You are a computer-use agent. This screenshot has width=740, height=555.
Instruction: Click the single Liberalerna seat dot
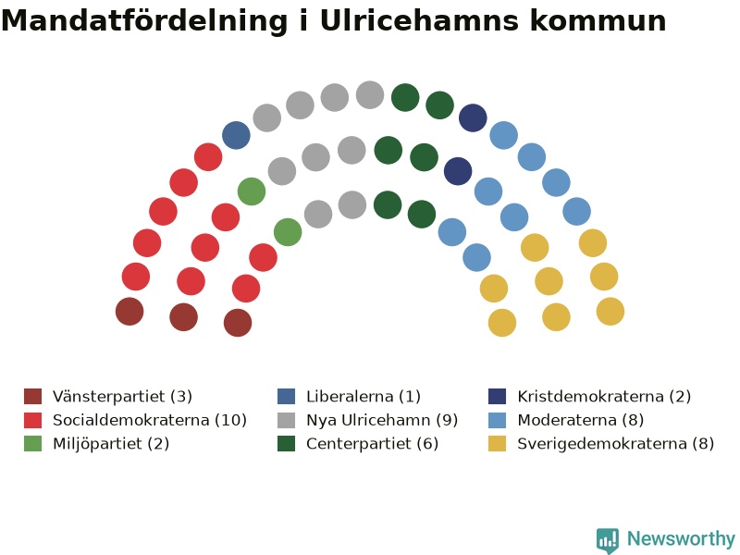[x=236, y=135]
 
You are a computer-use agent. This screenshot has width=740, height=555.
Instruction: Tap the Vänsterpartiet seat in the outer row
[x=129, y=312]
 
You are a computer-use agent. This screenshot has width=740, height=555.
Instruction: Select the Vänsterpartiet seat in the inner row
[x=238, y=323]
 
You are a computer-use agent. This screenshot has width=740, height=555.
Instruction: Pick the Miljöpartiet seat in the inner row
[x=288, y=232]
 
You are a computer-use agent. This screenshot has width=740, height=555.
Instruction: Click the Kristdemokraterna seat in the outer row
[x=473, y=117]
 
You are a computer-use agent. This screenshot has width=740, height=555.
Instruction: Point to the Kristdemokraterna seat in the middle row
[x=458, y=171]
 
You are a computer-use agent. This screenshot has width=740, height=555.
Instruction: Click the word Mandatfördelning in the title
[x=144, y=20]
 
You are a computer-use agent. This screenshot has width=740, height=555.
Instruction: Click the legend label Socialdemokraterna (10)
[x=150, y=420]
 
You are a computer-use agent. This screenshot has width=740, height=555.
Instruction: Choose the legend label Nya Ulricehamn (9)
[x=382, y=420]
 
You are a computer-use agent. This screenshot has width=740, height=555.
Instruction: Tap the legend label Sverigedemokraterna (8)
[x=615, y=444]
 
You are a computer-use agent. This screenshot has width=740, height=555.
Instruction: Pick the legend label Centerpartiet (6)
[x=372, y=444]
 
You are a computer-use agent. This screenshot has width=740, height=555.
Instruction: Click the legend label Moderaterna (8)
[x=581, y=420]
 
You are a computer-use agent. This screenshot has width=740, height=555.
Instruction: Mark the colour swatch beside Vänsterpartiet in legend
[x=32, y=397]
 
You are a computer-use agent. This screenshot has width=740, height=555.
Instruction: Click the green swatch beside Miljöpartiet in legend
[x=32, y=444]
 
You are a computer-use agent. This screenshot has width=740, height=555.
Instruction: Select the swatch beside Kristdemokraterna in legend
[x=497, y=397]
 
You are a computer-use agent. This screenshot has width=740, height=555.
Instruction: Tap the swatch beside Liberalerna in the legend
[x=286, y=397]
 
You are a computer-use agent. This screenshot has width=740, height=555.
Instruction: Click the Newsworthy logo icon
[x=608, y=540]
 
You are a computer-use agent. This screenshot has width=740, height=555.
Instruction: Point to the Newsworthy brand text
[x=681, y=538]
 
